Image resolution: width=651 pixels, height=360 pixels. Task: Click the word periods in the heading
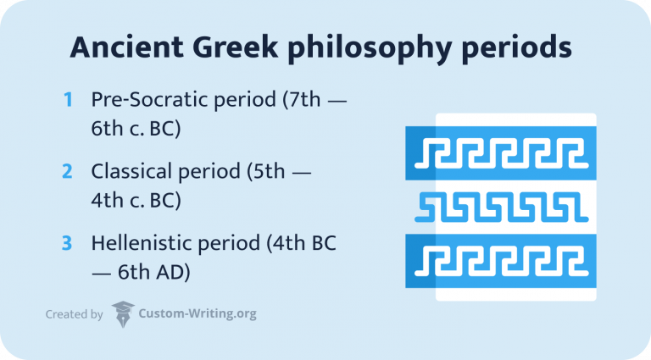(x=519, y=50)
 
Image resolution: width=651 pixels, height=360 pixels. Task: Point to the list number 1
(x=68, y=100)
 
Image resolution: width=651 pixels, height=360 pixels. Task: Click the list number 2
(x=68, y=171)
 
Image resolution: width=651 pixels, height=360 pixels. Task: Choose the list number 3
(x=68, y=242)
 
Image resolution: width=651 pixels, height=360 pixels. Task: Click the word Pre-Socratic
(x=146, y=100)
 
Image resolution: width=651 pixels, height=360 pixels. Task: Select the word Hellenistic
(x=138, y=242)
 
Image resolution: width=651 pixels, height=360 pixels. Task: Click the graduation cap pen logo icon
(x=123, y=314)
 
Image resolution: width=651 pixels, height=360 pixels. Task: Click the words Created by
(x=74, y=314)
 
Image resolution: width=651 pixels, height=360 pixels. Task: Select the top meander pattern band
(x=500, y=154)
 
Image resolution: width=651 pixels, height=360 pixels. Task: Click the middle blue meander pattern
(x=500, y=207)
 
